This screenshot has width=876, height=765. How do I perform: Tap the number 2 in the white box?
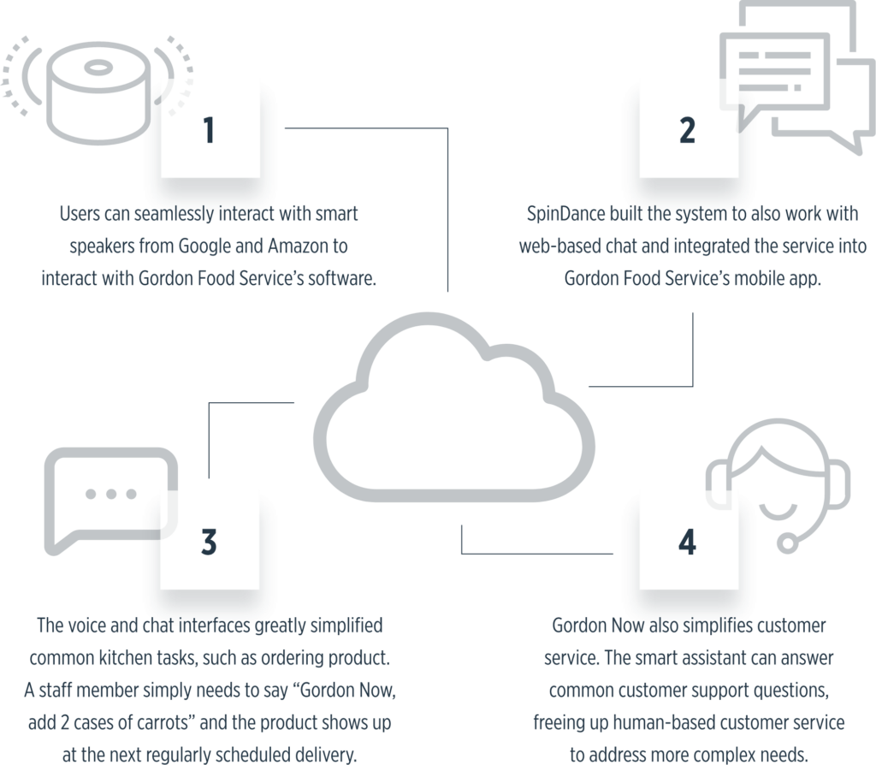coord(687,130)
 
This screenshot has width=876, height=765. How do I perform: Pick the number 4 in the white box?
coord(687,542)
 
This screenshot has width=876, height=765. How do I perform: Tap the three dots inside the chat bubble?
coord(112,494)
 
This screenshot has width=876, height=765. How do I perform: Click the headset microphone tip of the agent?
coord(784,542)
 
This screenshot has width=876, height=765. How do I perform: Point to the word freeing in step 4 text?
coord(562,723)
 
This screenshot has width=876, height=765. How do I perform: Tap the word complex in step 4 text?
coord(742,756)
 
